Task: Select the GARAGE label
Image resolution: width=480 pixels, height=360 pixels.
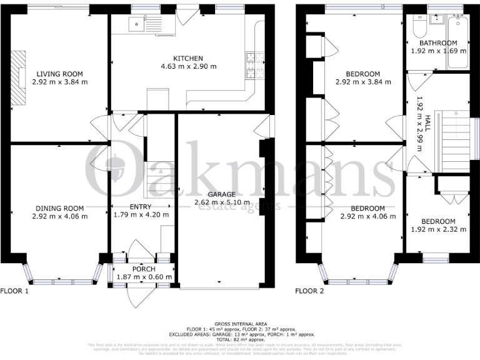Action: (x=222, y=194)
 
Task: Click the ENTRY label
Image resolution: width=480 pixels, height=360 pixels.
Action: (x=132, y=207)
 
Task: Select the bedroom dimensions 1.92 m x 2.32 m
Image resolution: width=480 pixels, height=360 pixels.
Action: (x=437, y=231)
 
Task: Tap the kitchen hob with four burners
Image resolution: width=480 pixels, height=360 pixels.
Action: (x=256, y=65)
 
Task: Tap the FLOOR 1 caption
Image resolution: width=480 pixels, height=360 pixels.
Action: (x=14, y=291)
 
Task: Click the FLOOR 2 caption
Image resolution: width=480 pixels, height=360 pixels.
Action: (x=309, y=291)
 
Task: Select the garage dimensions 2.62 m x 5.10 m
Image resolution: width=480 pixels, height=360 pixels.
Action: (x=222, y=202)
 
